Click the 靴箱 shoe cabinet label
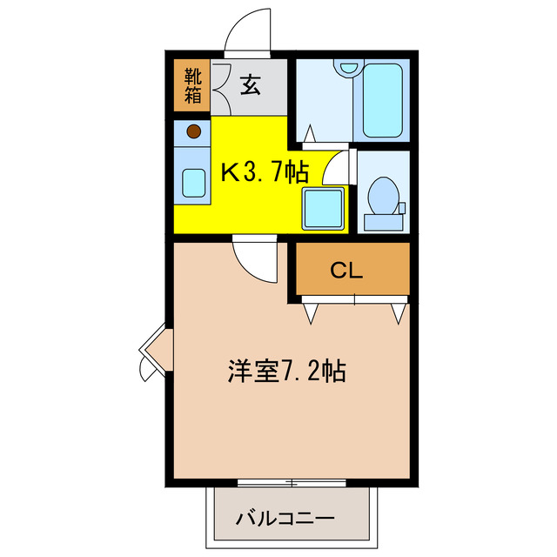[192, 85]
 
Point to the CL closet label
[346, 271]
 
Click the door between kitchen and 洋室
[256, 258]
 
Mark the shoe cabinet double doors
[218, 87]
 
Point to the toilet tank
[383, 221]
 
